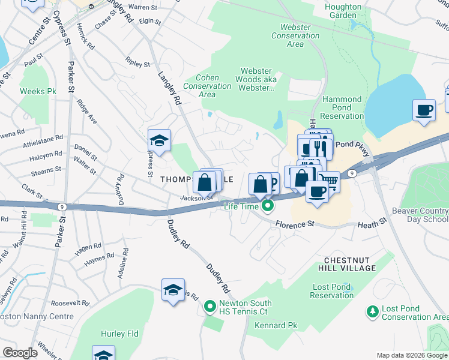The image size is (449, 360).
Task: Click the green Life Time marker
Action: (268, 206)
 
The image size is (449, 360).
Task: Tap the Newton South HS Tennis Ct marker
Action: (209, 307)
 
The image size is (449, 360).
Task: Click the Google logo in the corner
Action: (20, 353)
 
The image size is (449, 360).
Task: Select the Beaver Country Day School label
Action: (420, 215)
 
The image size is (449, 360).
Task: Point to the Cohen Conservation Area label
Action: (207, 86)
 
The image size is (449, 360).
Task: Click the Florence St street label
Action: (295, 225)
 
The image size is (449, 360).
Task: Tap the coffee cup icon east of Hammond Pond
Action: (424, 110)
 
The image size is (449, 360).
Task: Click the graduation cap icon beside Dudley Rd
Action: (173, 290)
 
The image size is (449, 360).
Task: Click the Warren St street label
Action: (142, 7)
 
